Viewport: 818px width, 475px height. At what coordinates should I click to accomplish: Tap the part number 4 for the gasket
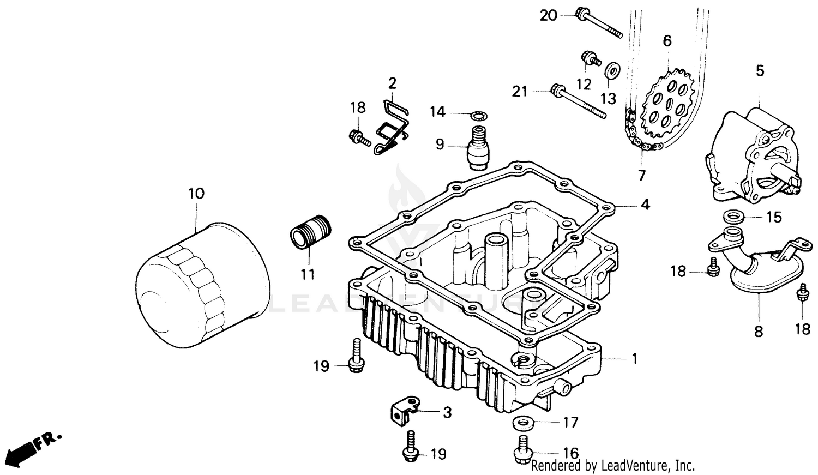click(645, 205)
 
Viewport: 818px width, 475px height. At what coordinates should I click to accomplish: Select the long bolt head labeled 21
click(557, 91)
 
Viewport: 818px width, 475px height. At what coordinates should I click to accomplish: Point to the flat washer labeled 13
click(613, 71)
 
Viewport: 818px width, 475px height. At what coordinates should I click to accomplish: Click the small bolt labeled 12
click(589, 57)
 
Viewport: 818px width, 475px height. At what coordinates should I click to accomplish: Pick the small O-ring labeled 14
click(478, 115)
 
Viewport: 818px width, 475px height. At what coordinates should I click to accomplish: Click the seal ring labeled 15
click(733, 218)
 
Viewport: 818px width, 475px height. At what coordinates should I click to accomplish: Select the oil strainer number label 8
click(759, 331)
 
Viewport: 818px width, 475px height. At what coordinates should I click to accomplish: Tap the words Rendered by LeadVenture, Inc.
click(612, 466)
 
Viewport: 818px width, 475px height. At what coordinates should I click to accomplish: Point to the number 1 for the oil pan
click(634, 359)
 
